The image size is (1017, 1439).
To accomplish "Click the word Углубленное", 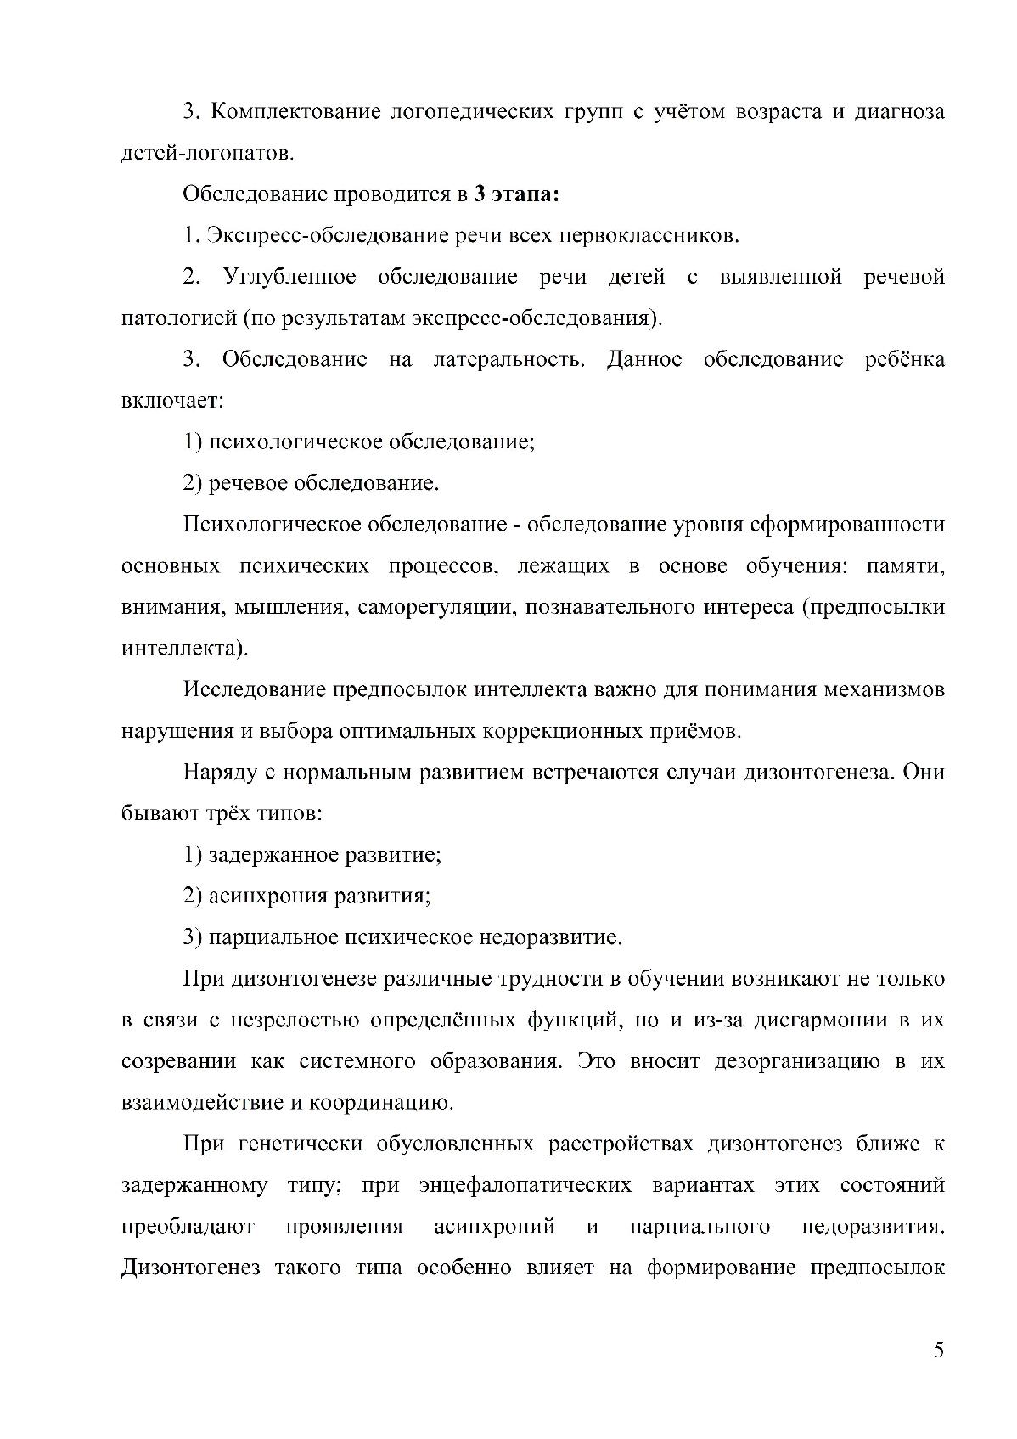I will coord(289,278).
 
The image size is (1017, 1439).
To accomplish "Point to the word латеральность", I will coord(509,360).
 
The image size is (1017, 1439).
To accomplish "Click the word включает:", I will coord(172,402).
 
